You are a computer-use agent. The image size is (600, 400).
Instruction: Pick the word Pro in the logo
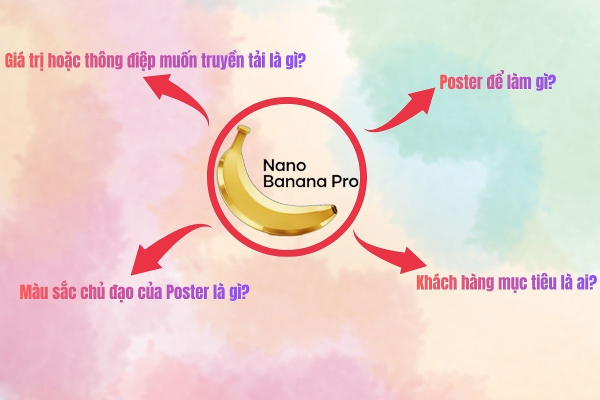(345, 181)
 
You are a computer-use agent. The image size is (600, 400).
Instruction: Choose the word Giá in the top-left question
(16, 61)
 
